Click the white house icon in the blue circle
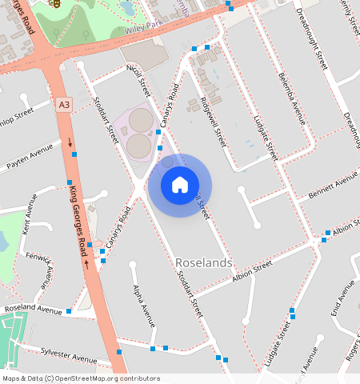(180, 185)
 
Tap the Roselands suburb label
(203, 262)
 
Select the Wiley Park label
(143, 30)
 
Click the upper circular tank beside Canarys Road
(142, 120)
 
